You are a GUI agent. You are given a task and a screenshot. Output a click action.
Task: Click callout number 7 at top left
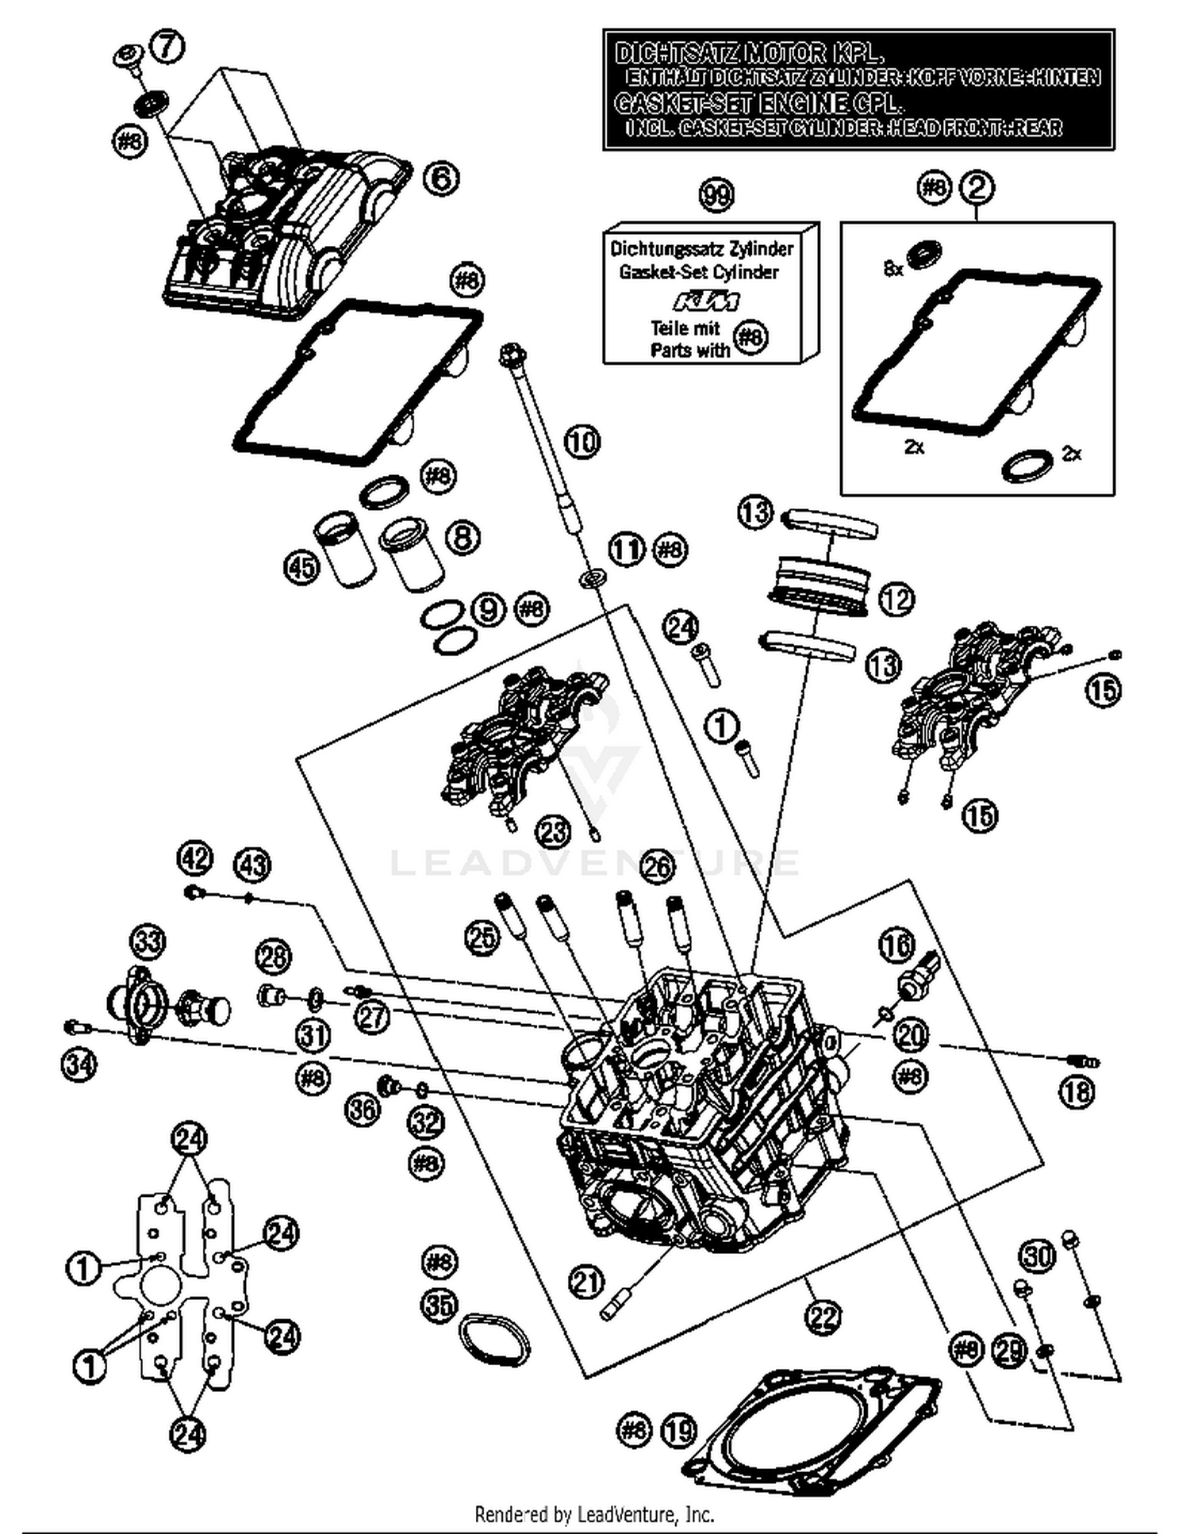click(167, 45)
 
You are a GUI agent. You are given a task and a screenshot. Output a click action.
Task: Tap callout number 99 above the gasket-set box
click(716, 195)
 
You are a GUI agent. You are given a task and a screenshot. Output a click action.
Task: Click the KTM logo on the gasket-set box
click(707, 302)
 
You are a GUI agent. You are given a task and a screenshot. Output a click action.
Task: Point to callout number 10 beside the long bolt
click(583, 441)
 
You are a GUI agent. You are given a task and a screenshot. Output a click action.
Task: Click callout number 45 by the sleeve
click(301, 567)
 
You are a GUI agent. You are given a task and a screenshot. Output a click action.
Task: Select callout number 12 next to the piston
click(896, 600)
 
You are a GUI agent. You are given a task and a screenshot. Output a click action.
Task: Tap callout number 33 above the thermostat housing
click(148, 941)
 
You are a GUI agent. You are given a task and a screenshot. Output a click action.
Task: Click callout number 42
click(195, 858)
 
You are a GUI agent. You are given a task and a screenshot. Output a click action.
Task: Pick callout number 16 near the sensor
click(896, 945)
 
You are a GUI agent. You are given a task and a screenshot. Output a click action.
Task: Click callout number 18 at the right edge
click(1077, 1092)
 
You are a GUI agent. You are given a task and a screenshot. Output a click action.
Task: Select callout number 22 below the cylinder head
click(822, 1317)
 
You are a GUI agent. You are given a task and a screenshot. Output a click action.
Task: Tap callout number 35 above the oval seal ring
click(439, 1306)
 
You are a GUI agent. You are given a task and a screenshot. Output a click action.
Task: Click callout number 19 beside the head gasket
click(678, 1430)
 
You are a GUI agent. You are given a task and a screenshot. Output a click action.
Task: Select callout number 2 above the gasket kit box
click(977, 188)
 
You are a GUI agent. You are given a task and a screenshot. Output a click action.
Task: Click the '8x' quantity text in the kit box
click(893, 269)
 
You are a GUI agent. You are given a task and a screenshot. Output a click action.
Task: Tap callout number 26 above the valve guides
click(657, 866)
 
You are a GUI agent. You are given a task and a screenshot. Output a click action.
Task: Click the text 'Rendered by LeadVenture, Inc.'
click(594, 1514)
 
